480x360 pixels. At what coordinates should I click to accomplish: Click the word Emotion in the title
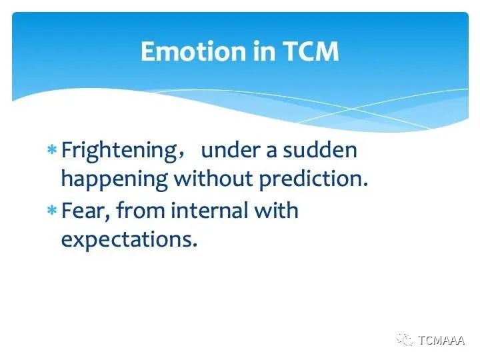click(x=193, y=51)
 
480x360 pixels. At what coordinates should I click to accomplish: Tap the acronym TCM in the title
click(x=310, y=51)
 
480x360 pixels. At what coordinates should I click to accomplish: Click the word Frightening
click(x=119, y=151)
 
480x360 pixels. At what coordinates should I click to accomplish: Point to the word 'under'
click(x=229, y=150)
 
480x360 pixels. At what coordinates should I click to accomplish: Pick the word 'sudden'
click(x=320, y=150)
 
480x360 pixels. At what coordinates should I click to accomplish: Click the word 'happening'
click(x=115, y=180)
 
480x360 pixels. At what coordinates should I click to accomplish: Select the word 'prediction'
click(x=311, y=180)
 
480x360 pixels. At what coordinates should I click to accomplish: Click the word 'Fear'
click(x=83, y=211)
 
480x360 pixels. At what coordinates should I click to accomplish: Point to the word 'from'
click(x=141, y=210)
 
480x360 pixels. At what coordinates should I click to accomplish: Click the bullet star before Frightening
click(x=52, y=150)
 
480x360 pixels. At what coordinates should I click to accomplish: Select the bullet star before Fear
click(x=52, y=211)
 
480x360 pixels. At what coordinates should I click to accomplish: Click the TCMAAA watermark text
click(x=441, y=340)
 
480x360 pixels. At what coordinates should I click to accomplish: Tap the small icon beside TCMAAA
click(x=405, y=340)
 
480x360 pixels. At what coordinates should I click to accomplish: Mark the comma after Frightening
click(x=181, y=157)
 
